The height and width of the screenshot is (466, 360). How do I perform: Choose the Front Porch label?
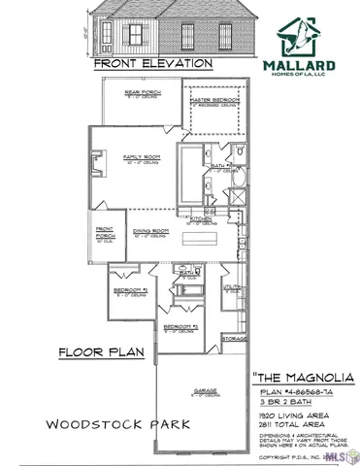(x=107, y=233)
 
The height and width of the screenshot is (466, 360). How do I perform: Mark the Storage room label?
(x=234, y=339)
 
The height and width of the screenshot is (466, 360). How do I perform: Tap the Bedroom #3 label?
(x=180, y=327)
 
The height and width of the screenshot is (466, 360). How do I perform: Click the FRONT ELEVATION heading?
(x=153, y=64)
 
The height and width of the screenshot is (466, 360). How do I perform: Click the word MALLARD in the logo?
(x=301, y=67)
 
